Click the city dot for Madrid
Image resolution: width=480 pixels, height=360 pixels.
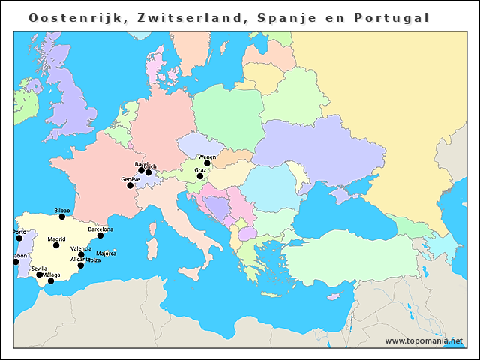point(56,245)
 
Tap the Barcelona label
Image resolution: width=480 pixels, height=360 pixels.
point(100,229)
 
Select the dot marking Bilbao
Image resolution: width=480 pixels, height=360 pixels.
point(62,217)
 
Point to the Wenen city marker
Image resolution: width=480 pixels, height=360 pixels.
point(207,163)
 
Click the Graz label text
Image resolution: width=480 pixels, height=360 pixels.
point(200,170)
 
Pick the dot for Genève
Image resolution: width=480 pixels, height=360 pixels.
point(130,185)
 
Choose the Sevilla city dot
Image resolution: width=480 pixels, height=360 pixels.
point(40,274)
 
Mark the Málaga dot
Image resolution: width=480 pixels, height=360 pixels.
point(51,280)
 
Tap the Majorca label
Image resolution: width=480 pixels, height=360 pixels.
point(106,253)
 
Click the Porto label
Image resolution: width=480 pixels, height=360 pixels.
point(19,232)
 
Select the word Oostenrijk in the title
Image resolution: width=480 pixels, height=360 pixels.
point(74,17)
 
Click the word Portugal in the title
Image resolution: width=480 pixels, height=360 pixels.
point(397,17)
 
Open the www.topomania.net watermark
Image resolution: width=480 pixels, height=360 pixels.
point(424,340)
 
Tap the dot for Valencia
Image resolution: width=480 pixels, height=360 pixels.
point(81,255)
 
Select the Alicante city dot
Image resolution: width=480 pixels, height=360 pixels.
point(81,265)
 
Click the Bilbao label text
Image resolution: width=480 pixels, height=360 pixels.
point(62,211)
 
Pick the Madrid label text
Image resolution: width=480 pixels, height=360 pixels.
point(56,239)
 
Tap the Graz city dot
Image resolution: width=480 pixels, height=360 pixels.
point(200,177)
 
